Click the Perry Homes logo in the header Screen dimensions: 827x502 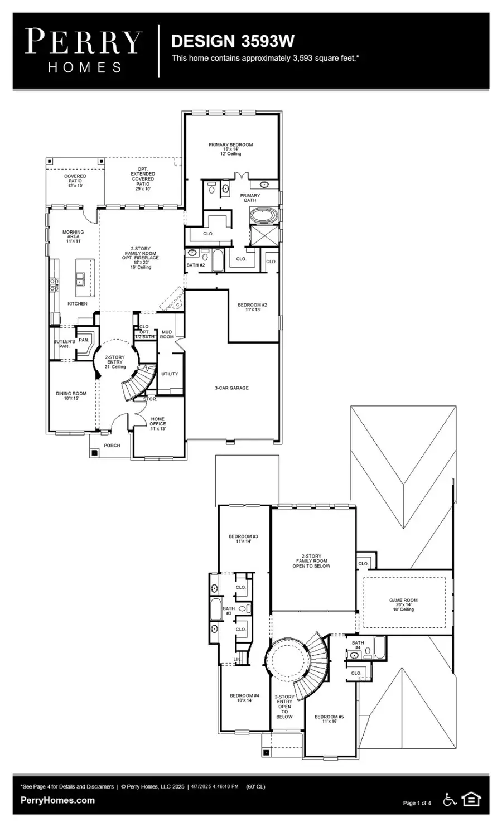[x=84, y=51]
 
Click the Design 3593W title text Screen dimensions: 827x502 [x=233, y=41]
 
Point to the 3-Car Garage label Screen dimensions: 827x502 [x=231, y=388]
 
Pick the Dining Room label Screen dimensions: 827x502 [x=71, y=395]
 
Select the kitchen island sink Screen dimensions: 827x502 [x=81, y=278]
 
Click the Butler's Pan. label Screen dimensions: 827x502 [x=64, y=344]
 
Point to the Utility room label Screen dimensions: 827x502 [x=170, y=374]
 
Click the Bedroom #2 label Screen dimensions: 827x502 [x=252, y=307]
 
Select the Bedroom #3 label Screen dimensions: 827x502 [x=243, y=538]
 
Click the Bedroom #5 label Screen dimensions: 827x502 [x=329, y=719]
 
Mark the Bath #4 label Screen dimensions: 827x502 [x=358, y=645]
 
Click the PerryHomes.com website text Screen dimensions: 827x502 [x=57, y=800]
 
